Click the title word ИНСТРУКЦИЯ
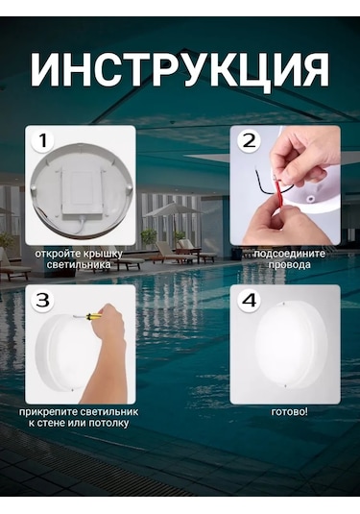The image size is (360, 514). tap(180, 70)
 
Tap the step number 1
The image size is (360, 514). tap(41, 141)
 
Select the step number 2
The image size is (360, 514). tap(249, 141)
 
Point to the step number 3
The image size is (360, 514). tap(41, 300)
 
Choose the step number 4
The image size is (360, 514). tap(249, 300)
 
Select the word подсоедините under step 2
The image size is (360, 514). tap(272, 254)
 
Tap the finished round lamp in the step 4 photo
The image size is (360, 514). tap(285, 345)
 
